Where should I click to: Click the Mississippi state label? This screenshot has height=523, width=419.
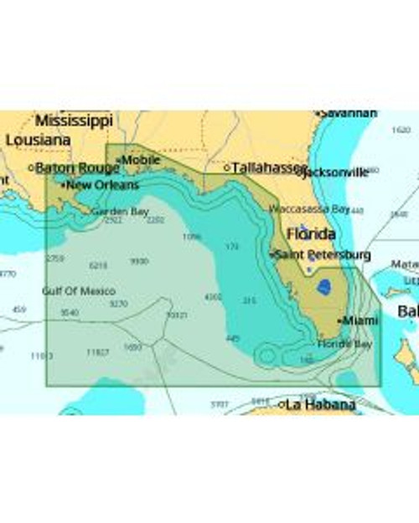tap(74, 120)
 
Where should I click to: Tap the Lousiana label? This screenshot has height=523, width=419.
tap(38, 141)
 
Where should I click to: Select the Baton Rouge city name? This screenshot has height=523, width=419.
tap(77, 168)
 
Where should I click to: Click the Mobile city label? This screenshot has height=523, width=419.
tap(141, 159)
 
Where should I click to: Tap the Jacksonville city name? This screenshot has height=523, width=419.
tap(334, 172)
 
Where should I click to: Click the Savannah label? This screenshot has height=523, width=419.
tap(349, 113)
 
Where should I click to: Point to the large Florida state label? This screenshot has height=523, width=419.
tap(312, 233)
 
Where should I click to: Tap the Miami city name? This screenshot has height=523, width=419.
tap(360, 320)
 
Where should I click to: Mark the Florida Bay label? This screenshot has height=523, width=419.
tap(344, 344)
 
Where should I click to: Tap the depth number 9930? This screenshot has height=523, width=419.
tap(139, 261)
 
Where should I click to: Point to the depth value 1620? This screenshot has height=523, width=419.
tap(401, 130)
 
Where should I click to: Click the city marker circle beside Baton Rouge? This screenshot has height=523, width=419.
tap(31, 168)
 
